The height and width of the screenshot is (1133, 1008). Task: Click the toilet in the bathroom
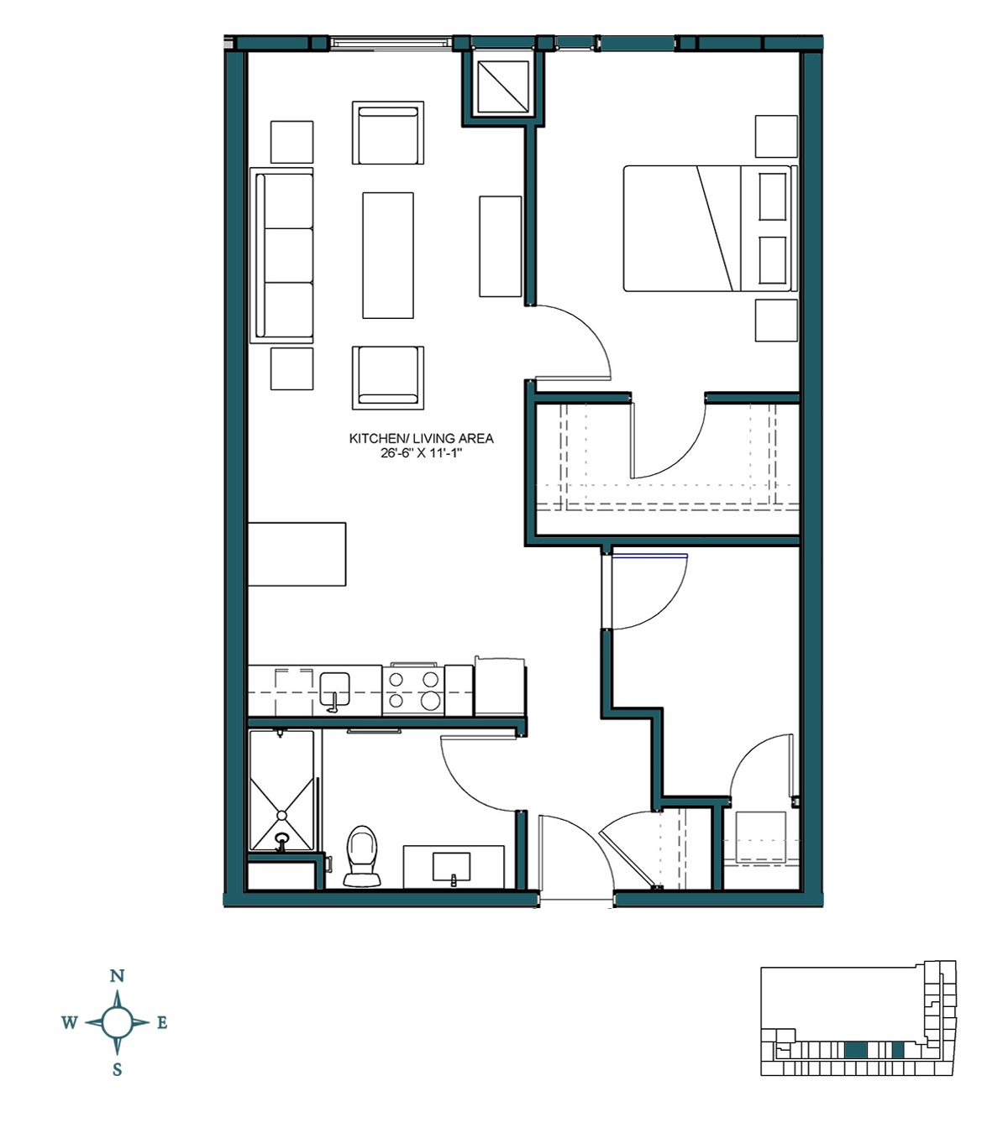click(363, 856)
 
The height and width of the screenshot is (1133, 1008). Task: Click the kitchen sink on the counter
click(334, 688)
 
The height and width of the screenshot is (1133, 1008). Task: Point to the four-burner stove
click(413, 690)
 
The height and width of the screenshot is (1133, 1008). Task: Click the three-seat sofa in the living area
click(282, 255)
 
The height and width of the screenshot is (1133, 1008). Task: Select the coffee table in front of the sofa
click(387, 255)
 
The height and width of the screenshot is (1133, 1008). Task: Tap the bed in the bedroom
click(706, 228)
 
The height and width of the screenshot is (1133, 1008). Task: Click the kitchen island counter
click(297, 554)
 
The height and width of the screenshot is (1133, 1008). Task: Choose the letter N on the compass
click(118, 975)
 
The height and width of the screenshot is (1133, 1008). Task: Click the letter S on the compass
click(118, 1069)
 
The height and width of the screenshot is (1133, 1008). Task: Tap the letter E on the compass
click(162, 1022)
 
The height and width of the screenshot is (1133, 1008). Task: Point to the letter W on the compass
click(70, 1022)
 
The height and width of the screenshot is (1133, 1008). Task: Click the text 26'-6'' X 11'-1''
click(421, 453)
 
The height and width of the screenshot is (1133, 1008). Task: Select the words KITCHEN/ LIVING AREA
click(421, 438)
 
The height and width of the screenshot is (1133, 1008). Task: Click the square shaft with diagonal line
click(501, 86)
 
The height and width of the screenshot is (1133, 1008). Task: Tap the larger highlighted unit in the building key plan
click(854, 1049)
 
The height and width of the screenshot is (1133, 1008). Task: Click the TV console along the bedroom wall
click(500, 246)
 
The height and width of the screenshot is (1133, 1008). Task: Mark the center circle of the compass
click(118, 1022)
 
